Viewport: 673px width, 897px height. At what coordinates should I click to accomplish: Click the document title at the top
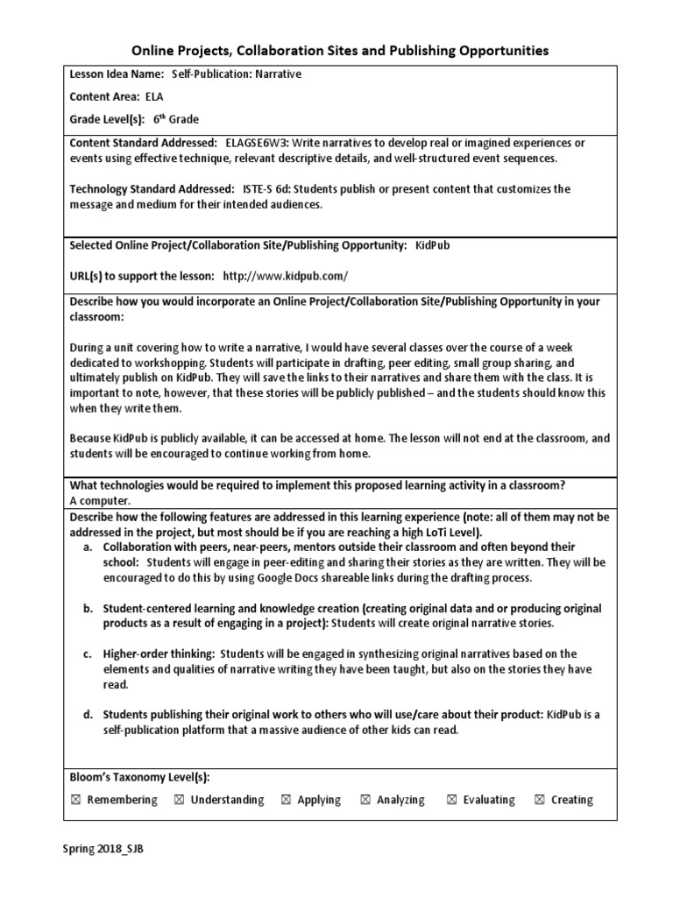(x=340, y=51)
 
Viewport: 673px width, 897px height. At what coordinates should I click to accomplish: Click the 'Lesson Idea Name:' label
(x=117, y=74)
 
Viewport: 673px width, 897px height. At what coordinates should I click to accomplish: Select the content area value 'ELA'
(x=153, y=97)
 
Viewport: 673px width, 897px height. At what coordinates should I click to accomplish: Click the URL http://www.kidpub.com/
(x=286, y=275)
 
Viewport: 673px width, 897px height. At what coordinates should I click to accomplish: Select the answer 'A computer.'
(x=99, y=500)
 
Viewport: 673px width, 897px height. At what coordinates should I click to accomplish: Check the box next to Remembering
(x=75, y=800)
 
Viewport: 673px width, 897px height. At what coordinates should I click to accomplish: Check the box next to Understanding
(x=179, y=800)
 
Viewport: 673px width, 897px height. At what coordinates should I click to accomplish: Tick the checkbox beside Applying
(x=286, y=800)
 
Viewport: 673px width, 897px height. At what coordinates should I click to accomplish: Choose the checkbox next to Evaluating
(x=451, y=800)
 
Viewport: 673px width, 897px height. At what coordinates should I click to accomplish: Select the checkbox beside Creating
(x=539, y=800)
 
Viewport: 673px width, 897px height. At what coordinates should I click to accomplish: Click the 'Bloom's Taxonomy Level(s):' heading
(x=139, y=777)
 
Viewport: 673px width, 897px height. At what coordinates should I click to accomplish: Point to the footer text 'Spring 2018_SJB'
(x=102, y=850)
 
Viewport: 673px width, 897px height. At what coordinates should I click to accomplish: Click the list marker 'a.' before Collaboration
(x=89, y=545)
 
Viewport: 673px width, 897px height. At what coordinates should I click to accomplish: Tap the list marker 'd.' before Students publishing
(x=89, y=715)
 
